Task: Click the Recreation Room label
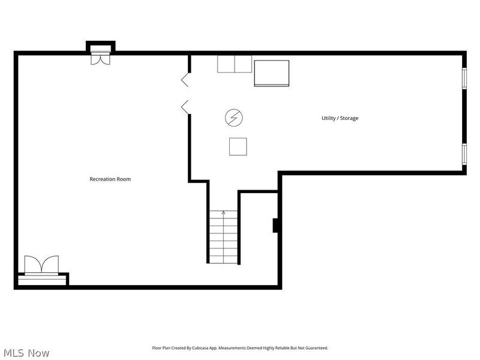(110, 179)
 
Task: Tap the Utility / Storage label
(340, 118)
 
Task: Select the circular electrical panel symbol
(234, 118)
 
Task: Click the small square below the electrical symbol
(238, 146)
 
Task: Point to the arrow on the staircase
(223, 236)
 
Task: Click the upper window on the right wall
(464, 78)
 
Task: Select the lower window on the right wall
(464, 154)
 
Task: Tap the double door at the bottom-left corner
(41, 265)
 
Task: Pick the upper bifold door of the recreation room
(185, 80)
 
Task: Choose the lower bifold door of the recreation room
(185, 107)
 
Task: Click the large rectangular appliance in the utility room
(272, 73)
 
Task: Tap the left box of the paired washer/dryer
(226, 64)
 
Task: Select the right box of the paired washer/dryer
(244, 64)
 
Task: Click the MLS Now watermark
(26, 353)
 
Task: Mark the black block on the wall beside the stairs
(275, 226)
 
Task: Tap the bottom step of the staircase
(223, 260)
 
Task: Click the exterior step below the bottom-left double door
(42, 280)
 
